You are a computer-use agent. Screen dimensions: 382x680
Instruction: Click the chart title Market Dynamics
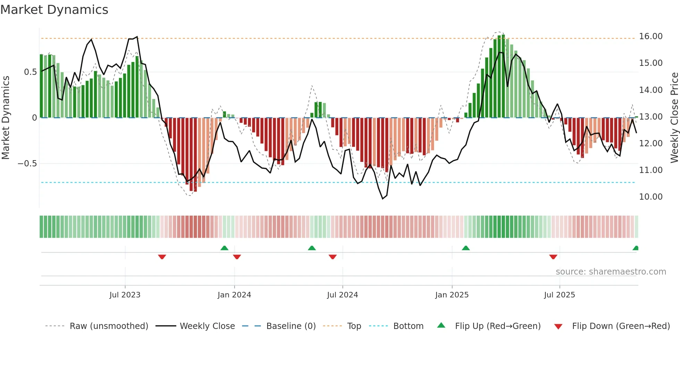pos(54,10)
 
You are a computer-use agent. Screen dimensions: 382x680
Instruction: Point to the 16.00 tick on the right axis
pos(651,36)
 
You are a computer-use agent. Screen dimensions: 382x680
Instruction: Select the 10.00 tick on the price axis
pos(651,197)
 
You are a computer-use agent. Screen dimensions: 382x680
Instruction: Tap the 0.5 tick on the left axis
pos(30,72)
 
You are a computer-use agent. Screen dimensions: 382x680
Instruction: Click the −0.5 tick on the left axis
pos(27,164)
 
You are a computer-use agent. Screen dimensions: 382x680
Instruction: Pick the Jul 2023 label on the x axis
pos(125,295)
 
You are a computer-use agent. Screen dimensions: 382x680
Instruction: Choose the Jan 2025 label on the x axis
pos(452,295)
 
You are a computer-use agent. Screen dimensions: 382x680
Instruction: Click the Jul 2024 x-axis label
pos(342,295)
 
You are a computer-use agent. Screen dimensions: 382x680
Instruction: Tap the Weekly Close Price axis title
pos(674,118)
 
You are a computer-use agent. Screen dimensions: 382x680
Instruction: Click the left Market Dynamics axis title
pos(6,118)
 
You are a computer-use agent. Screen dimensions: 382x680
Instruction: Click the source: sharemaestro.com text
pos(611,272)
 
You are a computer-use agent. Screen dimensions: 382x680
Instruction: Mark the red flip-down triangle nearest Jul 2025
pos(553,257)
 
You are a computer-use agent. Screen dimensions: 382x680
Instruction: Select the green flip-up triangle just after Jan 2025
pos(466,248)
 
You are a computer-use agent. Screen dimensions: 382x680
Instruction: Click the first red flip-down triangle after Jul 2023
pos(162,257)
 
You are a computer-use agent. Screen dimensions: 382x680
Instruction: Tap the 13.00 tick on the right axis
pos(651,117)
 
